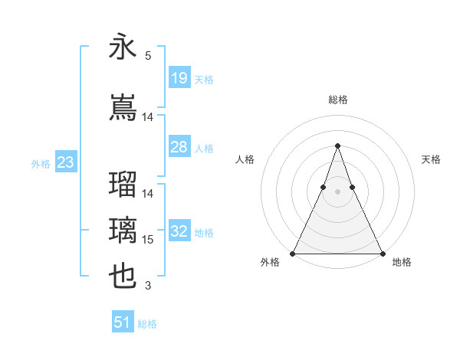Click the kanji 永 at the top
pos(123,47)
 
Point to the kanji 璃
pos(123,231)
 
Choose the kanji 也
pos(123,277)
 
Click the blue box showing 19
pos(179,78)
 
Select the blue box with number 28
pos(179,147)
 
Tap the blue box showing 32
pos(179,231)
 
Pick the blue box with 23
pos(65,162)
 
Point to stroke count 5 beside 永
pos(147,55)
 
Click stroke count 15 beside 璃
pos(148,240)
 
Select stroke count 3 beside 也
pos(147,286)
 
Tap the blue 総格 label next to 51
pos(147,324)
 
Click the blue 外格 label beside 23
pos(41,163)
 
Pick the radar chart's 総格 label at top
pos(337,100)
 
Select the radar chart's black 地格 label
pos(402,262)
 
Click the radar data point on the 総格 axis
pos(337,146)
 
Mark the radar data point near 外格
pos(293,253)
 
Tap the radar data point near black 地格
pos(382,253)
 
